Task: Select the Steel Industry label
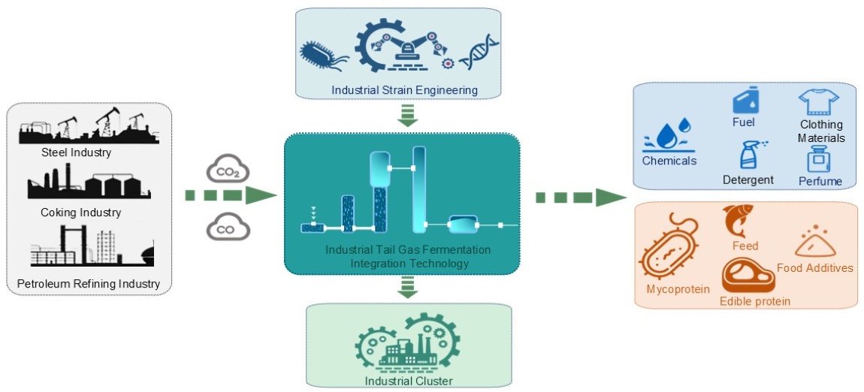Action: click(76, 153)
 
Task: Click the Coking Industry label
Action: click(80, 213)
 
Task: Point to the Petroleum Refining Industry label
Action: click(89, 284)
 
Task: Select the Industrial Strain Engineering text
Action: click(405, 91)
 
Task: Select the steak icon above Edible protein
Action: click(747, 277)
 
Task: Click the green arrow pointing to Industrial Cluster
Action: click(409, 285)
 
